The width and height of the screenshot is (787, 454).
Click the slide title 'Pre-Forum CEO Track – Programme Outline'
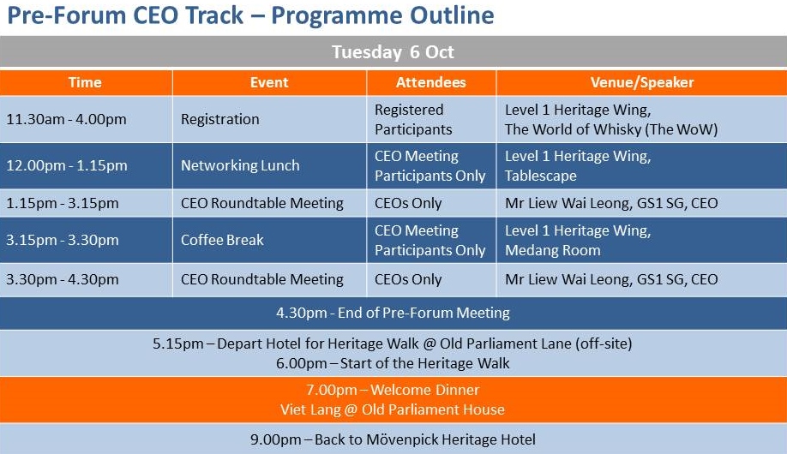[250, 15]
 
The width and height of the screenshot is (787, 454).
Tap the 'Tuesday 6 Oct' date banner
[393, 51]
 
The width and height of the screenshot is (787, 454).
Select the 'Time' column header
[85, 82]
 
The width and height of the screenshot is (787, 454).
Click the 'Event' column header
[269, 82]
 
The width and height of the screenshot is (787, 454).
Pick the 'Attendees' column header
[430, 82]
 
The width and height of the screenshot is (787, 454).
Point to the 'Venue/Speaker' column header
[642, 82]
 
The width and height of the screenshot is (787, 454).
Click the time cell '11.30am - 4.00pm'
[66, 119]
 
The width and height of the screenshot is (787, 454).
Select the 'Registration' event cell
[219, 119]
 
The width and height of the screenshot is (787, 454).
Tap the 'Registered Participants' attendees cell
[413, 119]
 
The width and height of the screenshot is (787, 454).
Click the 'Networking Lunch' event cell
[240, 165]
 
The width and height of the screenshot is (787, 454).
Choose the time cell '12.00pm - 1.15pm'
[67, 165]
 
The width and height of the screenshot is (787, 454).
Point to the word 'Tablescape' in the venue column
[541, 176]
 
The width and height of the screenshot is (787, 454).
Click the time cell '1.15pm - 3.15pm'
[63, 203]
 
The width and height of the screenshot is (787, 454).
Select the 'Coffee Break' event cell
[222, 240]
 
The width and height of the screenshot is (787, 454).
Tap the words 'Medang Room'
[553, 250]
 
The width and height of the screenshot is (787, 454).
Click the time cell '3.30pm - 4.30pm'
[63, 279]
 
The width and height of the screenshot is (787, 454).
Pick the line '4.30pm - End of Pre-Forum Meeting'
[393, 313]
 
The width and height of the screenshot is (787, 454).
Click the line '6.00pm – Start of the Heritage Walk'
[393, 363]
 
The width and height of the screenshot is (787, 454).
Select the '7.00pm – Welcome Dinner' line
[393, 390]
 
